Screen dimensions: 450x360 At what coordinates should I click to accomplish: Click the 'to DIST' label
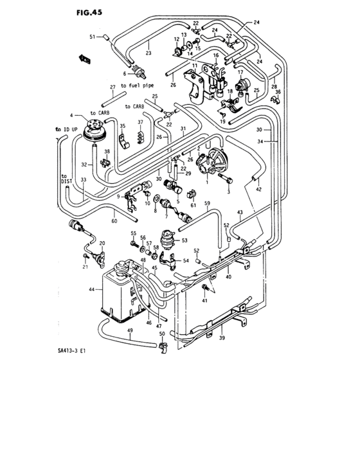[x=64, y=179]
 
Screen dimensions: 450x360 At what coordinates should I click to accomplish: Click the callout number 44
[x=91, y=290]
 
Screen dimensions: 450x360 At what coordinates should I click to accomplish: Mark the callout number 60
[x=114, y=221]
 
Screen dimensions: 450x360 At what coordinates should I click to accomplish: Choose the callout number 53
[x=185, y=240]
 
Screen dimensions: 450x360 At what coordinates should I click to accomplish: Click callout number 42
[x=258, y=190]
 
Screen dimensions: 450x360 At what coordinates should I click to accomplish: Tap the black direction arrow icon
[x=83, y=58]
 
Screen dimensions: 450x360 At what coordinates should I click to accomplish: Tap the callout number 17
[x=240, y=73]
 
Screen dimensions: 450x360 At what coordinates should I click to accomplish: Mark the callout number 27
[x=113, y=87]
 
